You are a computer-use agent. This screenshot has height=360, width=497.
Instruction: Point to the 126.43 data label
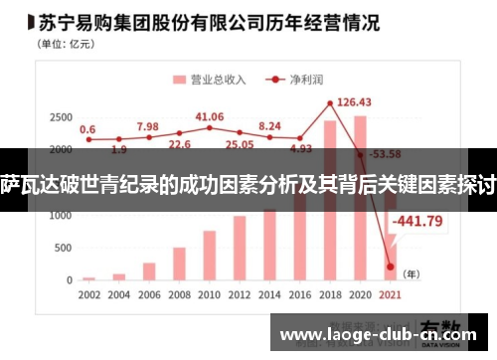354,101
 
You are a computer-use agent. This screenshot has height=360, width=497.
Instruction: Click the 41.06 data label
210,116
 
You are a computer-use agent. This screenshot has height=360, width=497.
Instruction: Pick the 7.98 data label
147,126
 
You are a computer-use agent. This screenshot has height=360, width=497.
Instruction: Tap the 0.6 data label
87,128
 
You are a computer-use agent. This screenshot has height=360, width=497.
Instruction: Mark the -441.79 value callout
418,221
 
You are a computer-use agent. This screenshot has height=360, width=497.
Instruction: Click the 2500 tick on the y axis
60,117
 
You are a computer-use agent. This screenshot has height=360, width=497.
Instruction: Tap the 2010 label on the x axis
210,295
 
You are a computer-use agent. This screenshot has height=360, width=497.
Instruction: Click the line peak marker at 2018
330,103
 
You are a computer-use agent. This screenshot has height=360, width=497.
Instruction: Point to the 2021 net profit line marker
391,266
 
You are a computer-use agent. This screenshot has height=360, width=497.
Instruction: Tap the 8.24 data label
269,126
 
